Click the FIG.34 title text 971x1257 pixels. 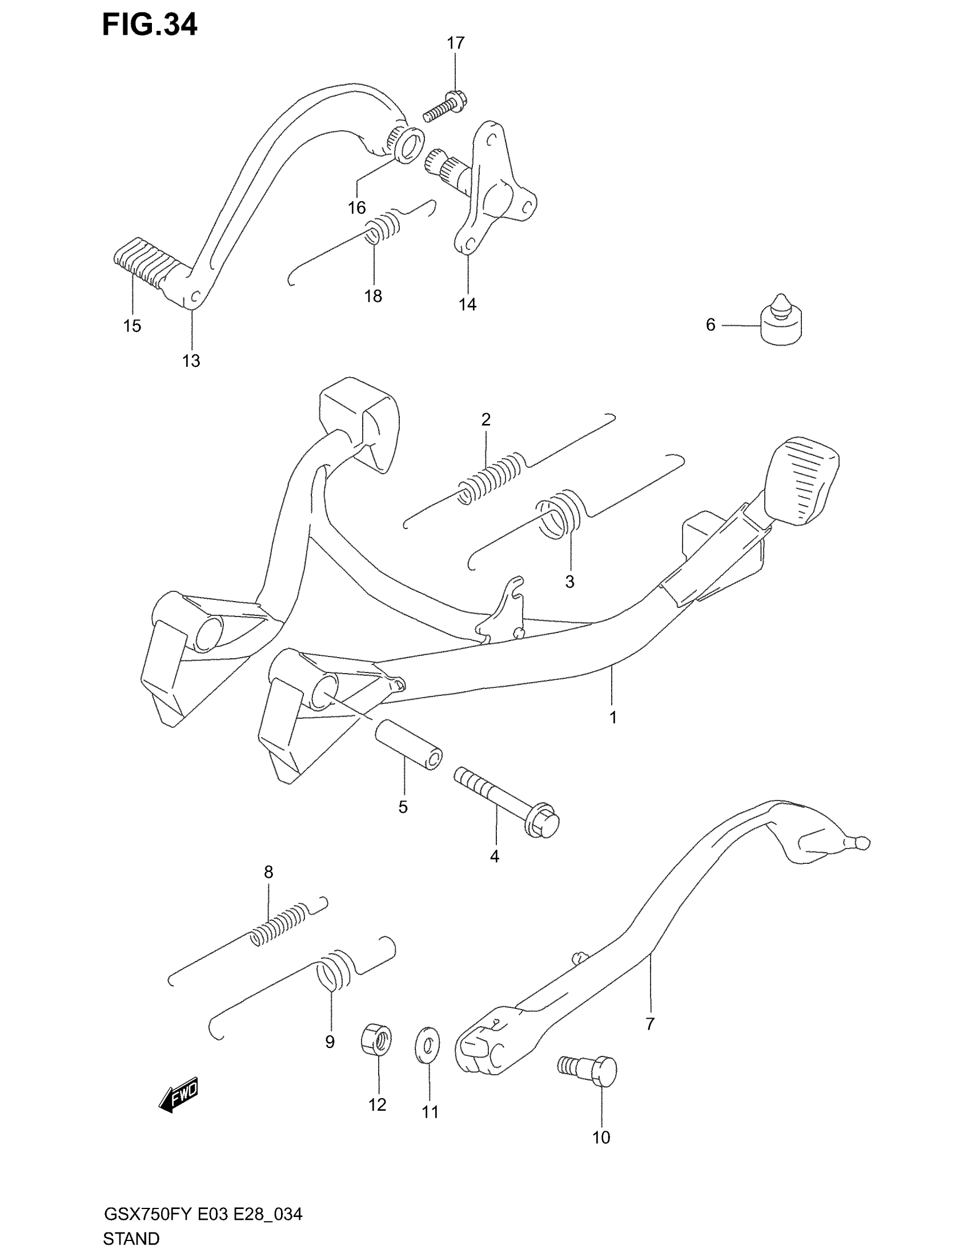150,25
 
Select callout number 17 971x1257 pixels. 455,43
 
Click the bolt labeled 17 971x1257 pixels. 446,108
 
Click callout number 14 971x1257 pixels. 467,305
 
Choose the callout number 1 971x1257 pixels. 613,717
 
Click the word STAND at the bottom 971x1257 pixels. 131,1238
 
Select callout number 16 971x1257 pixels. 356,208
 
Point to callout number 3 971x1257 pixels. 569,582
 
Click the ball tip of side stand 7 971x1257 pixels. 862,844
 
